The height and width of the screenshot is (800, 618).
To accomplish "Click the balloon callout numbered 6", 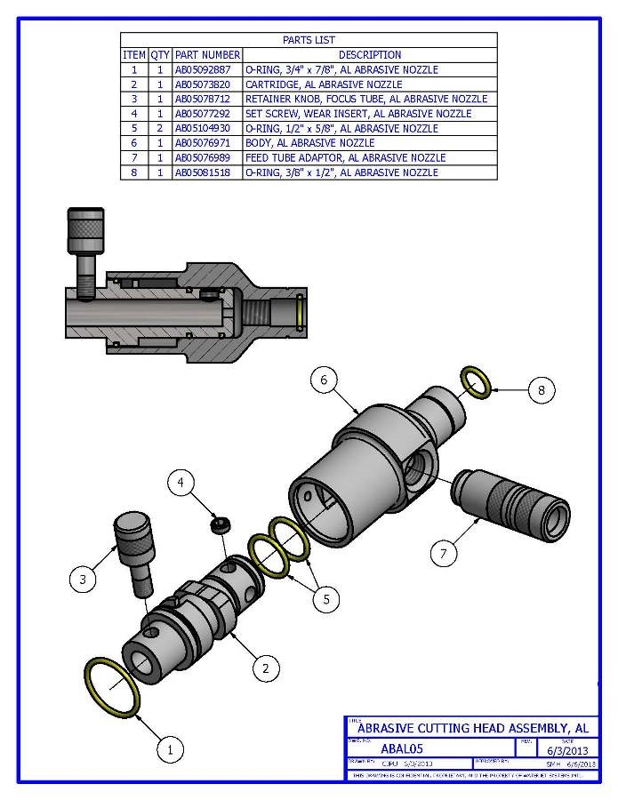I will point(323,380).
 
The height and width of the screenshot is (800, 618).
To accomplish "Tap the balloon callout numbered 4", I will point(181,483).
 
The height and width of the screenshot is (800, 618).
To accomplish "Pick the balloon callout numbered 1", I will point(169,749).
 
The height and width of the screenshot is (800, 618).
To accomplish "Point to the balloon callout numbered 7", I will point(445,553).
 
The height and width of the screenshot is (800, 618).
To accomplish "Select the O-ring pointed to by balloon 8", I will point(476,382).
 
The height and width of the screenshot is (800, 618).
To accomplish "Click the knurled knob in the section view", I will point(86,233).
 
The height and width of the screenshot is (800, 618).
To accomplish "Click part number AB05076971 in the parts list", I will point(207,143).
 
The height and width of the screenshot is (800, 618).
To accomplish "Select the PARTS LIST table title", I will point(308,40).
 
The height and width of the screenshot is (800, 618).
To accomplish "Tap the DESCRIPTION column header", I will point(369,55).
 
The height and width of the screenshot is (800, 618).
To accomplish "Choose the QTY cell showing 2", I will point(160,128).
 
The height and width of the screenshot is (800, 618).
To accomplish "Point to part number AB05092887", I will point(207,69).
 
